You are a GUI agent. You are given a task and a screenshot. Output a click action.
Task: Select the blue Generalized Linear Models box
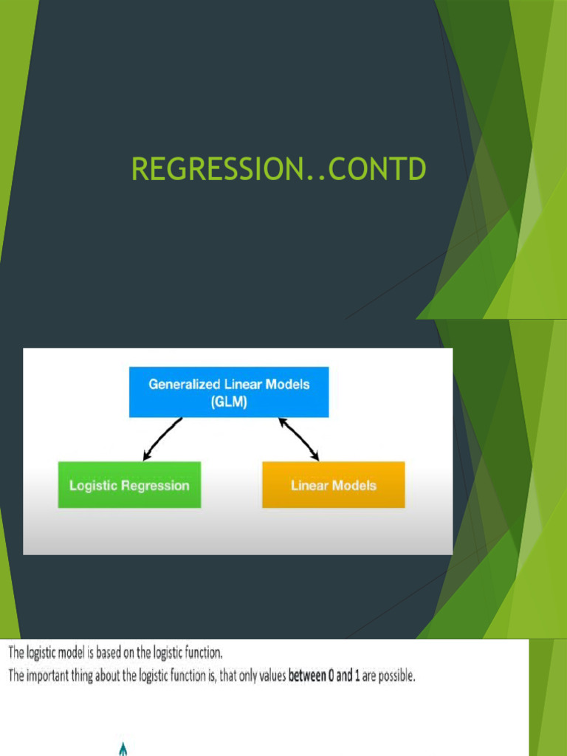pos(229,391)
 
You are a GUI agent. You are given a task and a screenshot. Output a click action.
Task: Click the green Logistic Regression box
pos(129,485)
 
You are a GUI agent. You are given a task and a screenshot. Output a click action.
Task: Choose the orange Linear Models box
pos(333,485)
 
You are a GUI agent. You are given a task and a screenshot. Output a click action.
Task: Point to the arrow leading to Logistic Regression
pos(162,439)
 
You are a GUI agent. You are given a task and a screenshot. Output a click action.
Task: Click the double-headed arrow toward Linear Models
pos(298,439)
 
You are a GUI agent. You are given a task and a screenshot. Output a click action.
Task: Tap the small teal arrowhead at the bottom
pos(123,749)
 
